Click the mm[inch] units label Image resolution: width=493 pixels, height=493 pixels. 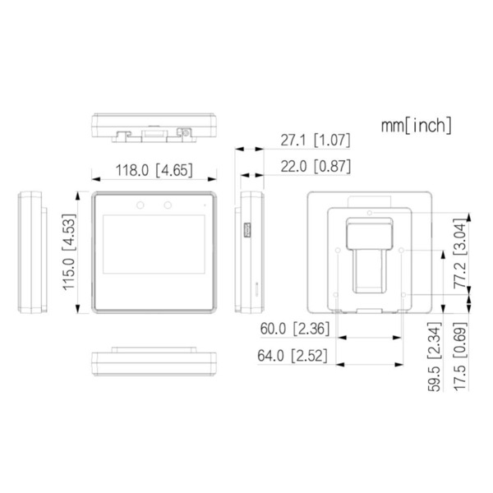point(416,126)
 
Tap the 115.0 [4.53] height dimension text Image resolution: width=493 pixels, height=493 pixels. point(71,251)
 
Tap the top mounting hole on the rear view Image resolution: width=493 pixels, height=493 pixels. point(370,212)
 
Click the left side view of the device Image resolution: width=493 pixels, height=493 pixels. point(30,251)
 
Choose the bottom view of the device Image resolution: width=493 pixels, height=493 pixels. point(154,362)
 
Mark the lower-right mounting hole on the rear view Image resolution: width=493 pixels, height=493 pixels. point(402,293)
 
